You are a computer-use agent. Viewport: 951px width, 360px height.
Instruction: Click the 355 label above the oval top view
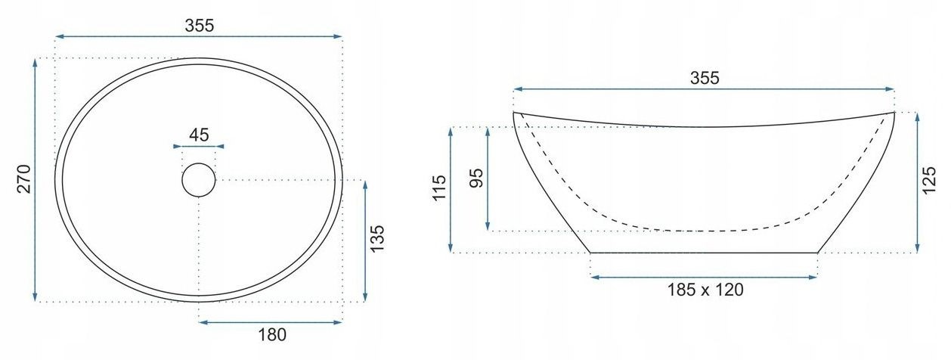tap(199, 26)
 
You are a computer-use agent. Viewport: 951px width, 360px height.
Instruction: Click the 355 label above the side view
tap(705, 78)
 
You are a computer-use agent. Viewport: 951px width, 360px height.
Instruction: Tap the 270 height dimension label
tap(24, 178)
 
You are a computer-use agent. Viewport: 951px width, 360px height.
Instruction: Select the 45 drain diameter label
tap(199, 135)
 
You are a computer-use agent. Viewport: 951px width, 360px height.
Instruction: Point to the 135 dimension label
tap(376, 238)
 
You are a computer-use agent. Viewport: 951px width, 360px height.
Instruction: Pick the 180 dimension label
tap(272, 335)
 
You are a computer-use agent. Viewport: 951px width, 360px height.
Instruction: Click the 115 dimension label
tap(439, 188)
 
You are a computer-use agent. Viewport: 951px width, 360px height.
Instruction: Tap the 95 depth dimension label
tap(477, 178)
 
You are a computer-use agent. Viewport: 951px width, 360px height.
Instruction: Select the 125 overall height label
tap(929, 180)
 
